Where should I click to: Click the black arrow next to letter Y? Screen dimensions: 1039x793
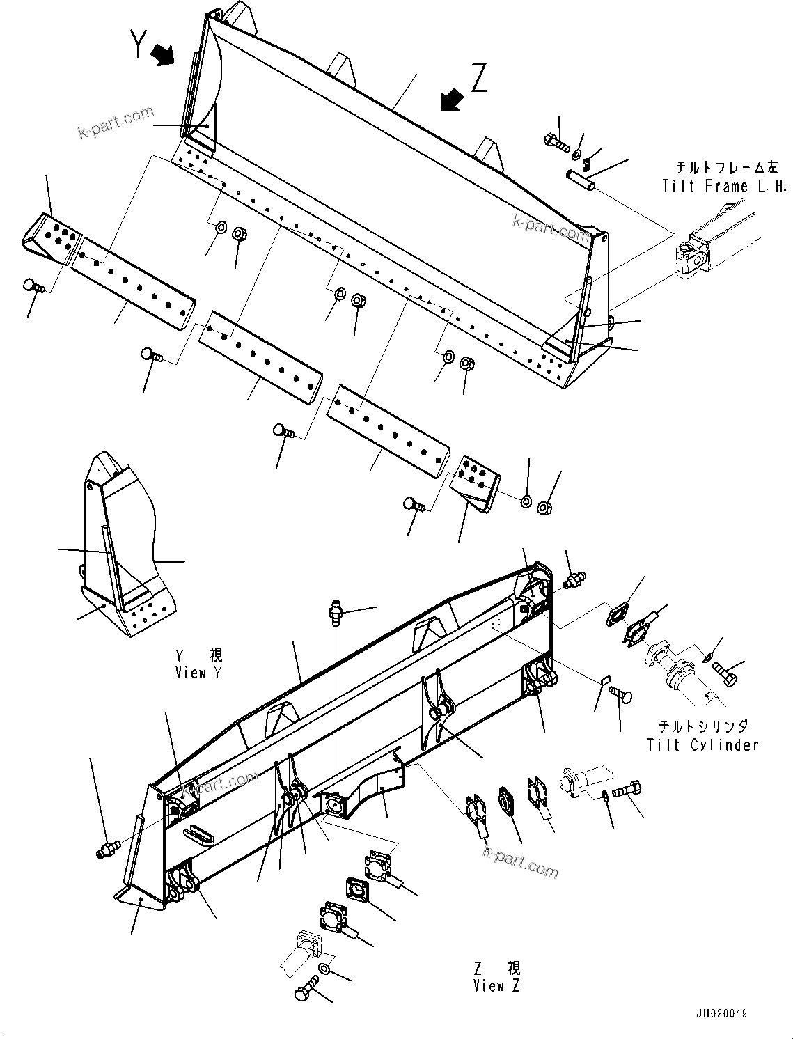click(164, 54)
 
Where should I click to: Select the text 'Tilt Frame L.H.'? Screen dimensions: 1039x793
click(724, 186)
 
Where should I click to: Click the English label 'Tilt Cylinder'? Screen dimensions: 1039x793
click(702, 744)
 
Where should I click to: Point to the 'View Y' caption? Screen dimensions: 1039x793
click(201, 673)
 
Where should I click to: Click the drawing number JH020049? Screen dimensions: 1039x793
click(719, 1013)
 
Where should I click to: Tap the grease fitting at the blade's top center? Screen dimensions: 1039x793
click(336, 614)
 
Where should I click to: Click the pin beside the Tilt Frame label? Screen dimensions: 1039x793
click(581, 180)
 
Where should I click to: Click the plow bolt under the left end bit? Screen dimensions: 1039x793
click(33, 285)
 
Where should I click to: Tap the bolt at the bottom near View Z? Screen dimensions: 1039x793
click(306, 990)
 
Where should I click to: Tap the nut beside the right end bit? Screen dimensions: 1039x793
click(544, 509)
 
